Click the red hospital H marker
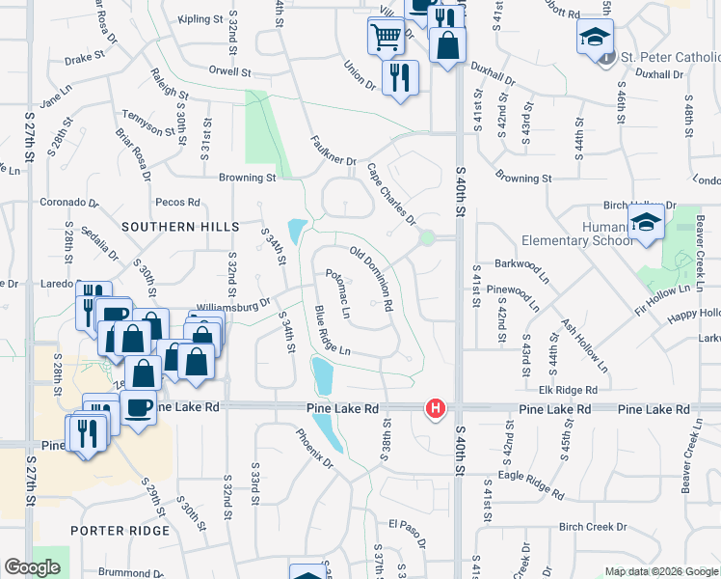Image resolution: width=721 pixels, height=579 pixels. pyautogui.click(x=436, y=409)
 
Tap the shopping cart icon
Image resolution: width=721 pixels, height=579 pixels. pyautogui.click(x=385, y=38)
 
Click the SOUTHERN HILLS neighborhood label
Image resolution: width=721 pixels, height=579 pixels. pyautogui.click(x=180, y=226)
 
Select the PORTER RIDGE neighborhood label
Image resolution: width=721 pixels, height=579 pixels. pyautogui.click(x=120, y=531)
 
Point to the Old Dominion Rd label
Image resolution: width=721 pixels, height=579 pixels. pyautogui.click(x=371, y=278)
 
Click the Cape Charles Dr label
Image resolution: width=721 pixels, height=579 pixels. pyautogui.click(x=390, y=194)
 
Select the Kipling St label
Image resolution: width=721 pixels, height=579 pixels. pyautogui.click(x=201, y=19)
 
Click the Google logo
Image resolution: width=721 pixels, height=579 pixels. pyautogui.click(x=32, y=567)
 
